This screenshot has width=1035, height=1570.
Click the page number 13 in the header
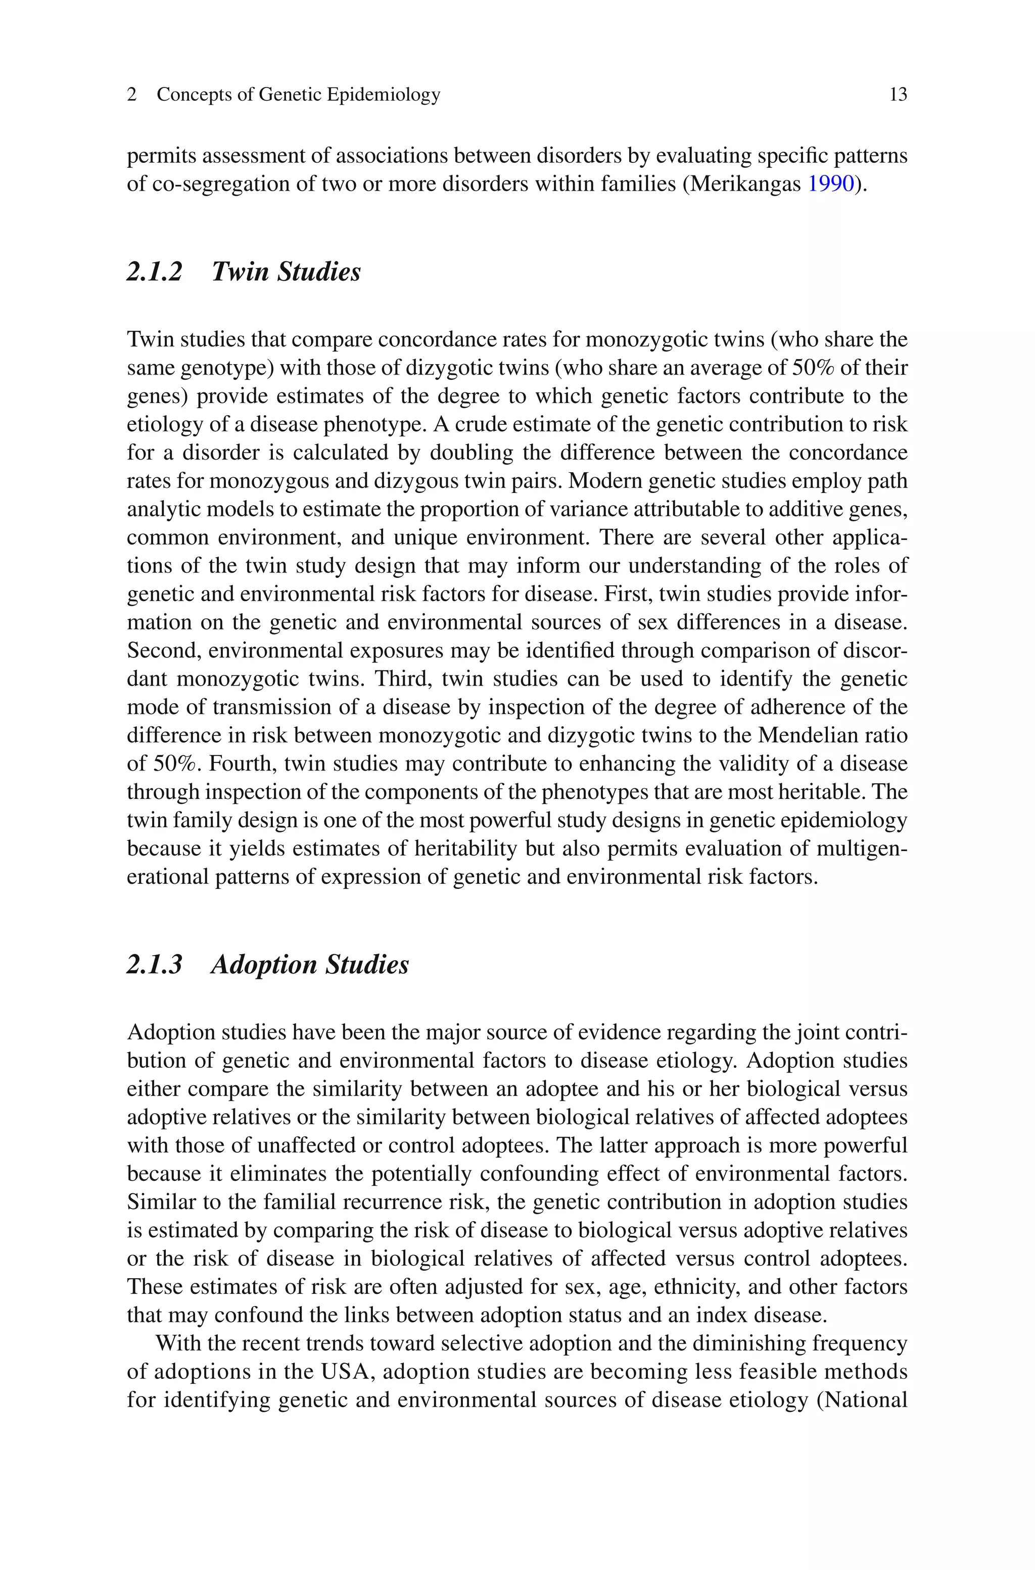click(x=898, y=95)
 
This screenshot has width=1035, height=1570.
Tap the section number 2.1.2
click(x=155, y=272)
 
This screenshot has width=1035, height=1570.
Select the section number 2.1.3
click(x=155, y=965)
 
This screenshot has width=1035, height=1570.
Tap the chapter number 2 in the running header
click(x=132, y=95)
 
